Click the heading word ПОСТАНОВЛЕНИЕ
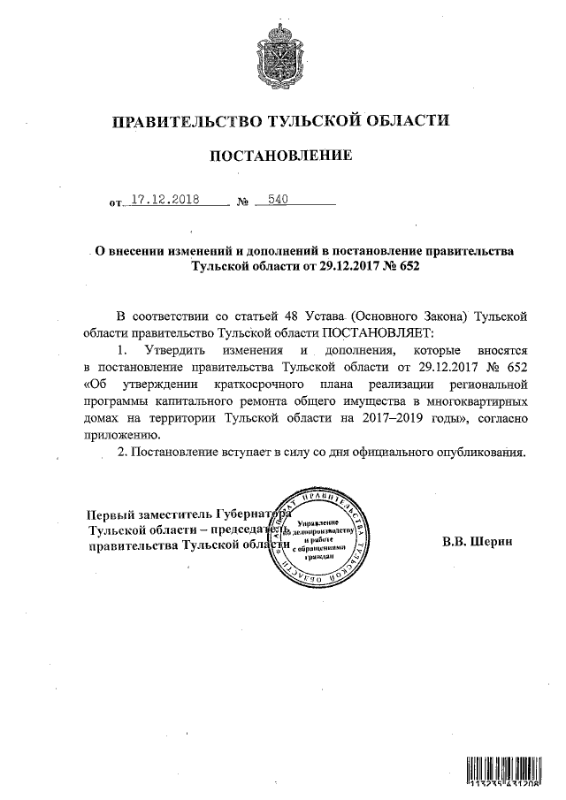[x=280, y=156]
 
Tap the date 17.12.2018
[x=165, y=200]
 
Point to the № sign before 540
[x=242, y=203]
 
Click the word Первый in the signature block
[x=110, y=514]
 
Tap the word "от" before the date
[x=115, y=203]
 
